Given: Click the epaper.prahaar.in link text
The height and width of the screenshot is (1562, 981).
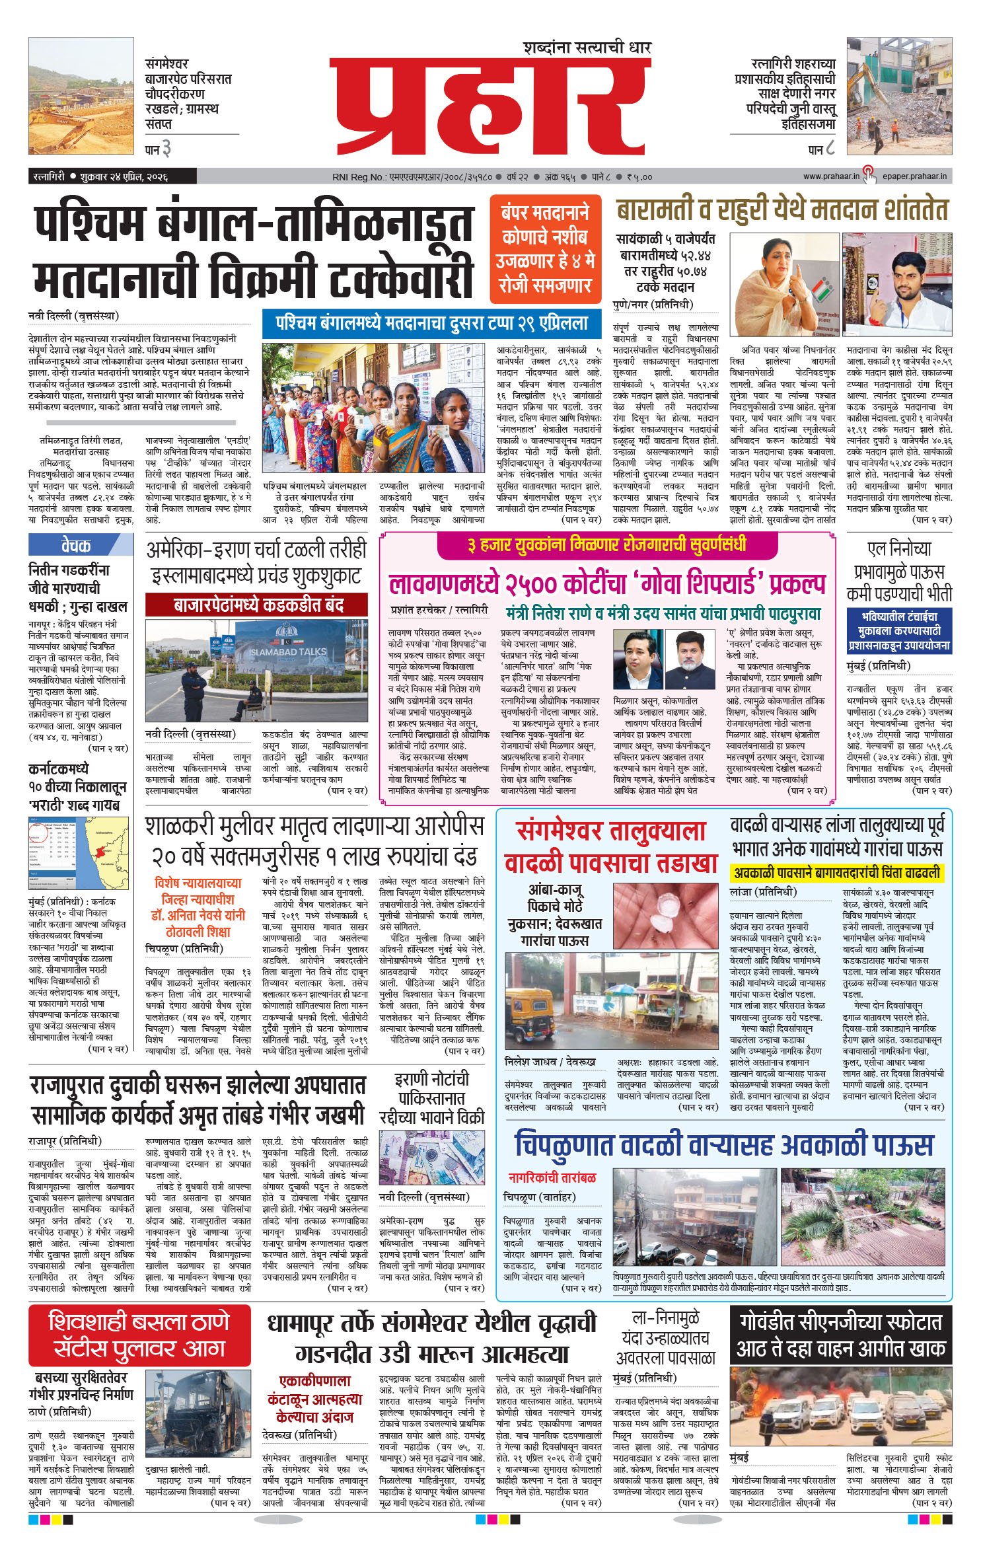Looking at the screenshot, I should tap(914, 176).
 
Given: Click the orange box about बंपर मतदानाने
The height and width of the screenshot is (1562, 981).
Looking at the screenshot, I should tap(545, 249).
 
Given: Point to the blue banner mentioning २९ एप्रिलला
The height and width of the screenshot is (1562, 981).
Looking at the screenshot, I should tap(433, 324).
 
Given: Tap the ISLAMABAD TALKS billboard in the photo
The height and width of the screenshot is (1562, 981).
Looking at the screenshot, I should tap(289, 650).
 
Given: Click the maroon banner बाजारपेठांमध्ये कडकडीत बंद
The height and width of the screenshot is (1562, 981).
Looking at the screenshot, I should tap(256, 605).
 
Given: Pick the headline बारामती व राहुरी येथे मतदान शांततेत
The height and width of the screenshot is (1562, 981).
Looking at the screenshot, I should tap(782, 209).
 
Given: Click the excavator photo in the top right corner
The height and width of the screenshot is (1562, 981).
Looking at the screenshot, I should tap(899, 96).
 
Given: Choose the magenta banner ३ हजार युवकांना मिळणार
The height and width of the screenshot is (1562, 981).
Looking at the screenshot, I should tap(607, 544).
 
